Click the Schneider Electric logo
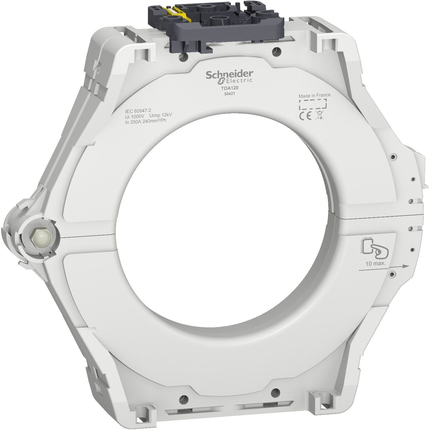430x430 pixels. click(229, 76)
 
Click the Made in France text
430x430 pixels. click(314, 95)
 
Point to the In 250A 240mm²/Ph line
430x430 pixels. click(146, 120)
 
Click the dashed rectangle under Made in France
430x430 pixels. click(312, 104)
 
